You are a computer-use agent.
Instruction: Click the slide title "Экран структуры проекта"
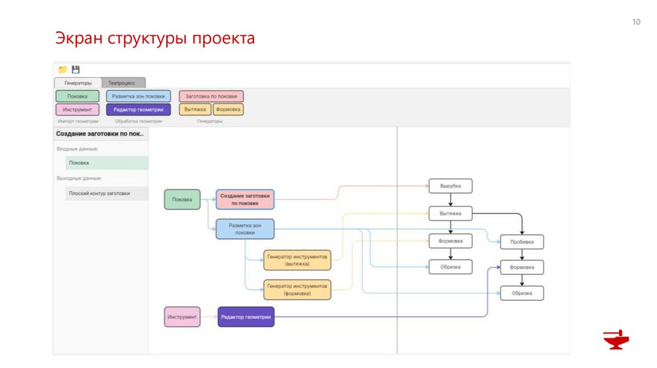[x=154, y=38]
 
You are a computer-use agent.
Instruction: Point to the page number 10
[x=636, y=22]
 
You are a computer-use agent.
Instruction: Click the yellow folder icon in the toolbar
[x=63, y=69]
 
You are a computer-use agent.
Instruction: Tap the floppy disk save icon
[x=76, y=69]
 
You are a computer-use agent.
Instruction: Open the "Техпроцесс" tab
[x=123, y=83]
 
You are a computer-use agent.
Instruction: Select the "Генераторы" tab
[x=78, y=83]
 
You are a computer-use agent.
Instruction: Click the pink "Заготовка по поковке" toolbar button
[x=211, y=96]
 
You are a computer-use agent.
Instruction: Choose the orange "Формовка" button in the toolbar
[x=228, y=109]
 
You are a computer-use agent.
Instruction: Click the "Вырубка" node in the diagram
[x=450, y=186]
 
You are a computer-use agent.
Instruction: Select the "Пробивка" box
[x=522, y=242]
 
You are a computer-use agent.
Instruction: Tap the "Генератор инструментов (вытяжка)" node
[x=297, y=260]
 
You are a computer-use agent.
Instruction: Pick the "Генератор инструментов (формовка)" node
[x=297, y=289]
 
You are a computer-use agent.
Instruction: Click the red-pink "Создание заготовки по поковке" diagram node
[x=245, y=199]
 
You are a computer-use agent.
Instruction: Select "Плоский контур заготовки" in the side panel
[x=107, y=193]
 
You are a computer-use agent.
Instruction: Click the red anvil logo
[x=616, y=340]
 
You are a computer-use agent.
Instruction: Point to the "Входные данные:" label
[x=78, y=149]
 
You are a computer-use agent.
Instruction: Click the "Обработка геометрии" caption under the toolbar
[x=139, y=121]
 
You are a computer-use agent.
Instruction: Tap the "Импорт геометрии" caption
[x=78, y=121]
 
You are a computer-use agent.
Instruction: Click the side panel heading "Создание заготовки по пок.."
[x=101, y=134]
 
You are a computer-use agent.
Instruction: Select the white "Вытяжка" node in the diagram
[x=450, y=213]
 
